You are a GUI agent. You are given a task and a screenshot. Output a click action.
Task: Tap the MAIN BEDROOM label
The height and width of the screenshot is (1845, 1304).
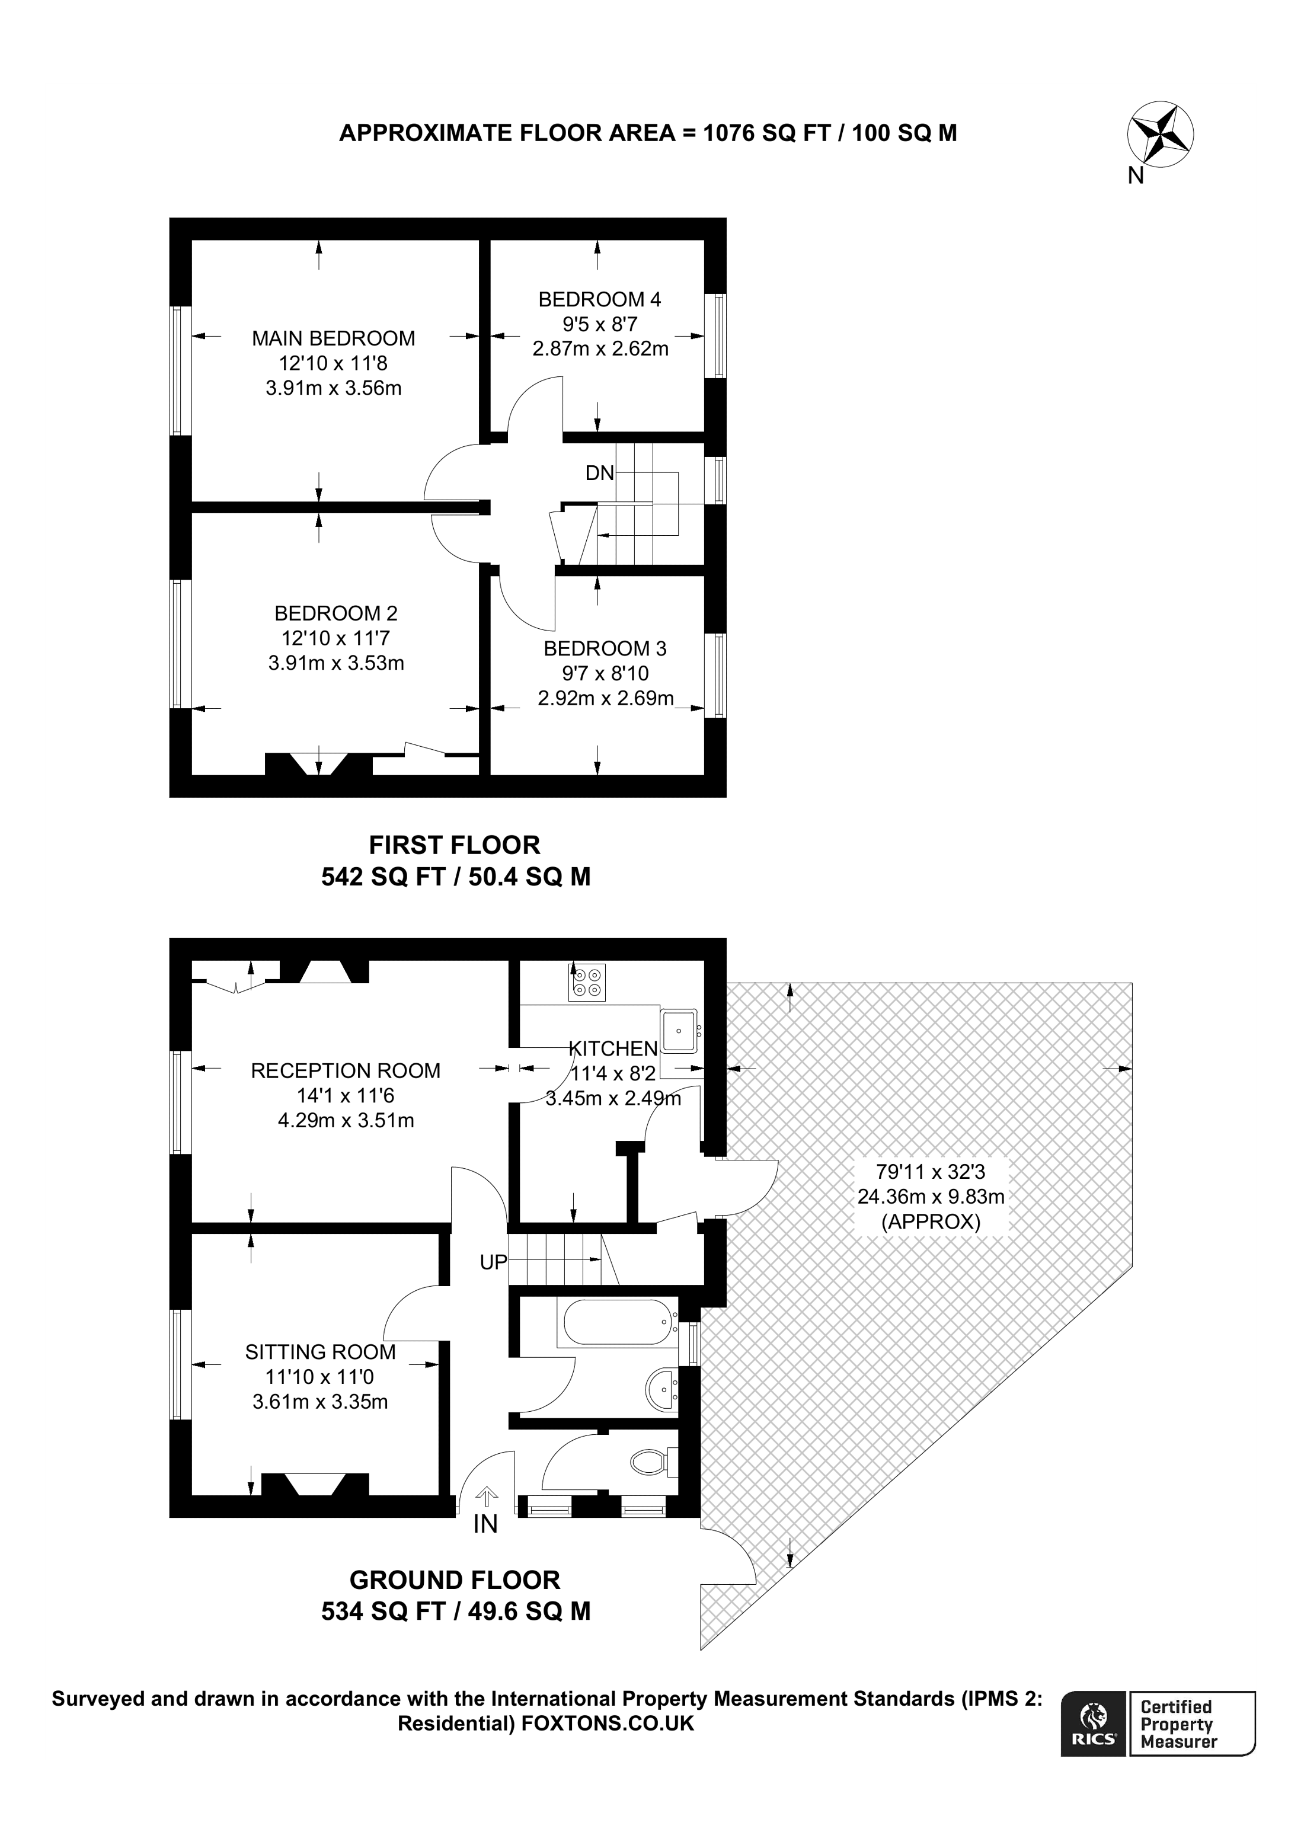[334, 338]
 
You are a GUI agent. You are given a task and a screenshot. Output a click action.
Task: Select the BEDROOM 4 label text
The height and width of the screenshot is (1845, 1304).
[599, 300]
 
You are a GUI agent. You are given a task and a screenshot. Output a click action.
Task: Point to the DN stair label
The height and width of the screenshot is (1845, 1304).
[599, 474]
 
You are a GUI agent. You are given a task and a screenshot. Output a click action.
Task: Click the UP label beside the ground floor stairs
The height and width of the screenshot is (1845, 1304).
[493, 1262]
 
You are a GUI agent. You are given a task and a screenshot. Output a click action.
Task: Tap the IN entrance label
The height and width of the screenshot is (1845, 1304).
[485, 1524]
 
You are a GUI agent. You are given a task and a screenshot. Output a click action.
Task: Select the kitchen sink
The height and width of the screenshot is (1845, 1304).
[679, 1030]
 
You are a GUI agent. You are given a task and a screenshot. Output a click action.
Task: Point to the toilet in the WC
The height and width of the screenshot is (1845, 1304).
[651, 1461]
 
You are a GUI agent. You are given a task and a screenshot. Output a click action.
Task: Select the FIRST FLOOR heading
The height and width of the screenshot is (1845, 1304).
[455, 845]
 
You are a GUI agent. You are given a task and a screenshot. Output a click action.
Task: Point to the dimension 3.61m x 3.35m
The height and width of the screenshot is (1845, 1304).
[319, 1402]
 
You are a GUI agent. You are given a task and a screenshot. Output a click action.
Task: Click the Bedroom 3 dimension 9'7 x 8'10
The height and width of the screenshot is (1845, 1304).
[605, 673]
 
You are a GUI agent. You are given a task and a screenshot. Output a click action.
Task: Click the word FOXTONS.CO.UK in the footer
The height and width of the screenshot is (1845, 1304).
[608, 1723]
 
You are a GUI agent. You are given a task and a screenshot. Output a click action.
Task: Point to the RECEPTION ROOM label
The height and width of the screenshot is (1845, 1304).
[346, 1071]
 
